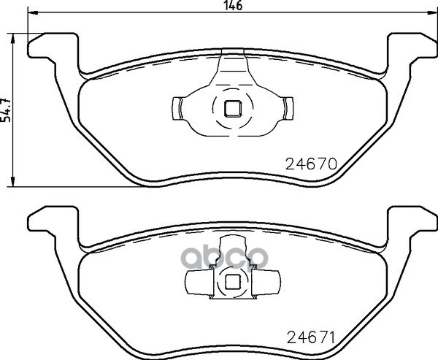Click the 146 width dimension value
click(x=234, y=5)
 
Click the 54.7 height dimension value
click(x=6, y=110)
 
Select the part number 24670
click(x=311, y=164)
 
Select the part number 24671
click(x=311, y=337)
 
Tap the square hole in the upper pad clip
click(x=233, y=109)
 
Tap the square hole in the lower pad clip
click(x=233, y=282)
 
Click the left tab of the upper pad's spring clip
click(x=177, y=109)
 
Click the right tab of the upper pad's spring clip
click(x=288, y=109)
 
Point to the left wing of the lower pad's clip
click(x=199, y=283)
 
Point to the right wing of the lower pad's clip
click(x=266, y=283)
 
